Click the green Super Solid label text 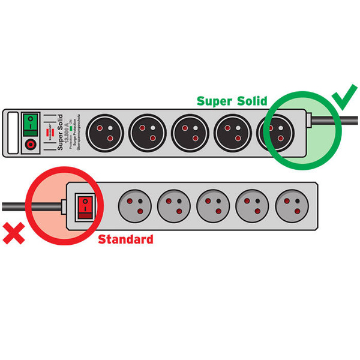[x=232, y=101]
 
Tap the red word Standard [x=125, y=239]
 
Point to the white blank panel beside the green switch [x=10, y=133]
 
